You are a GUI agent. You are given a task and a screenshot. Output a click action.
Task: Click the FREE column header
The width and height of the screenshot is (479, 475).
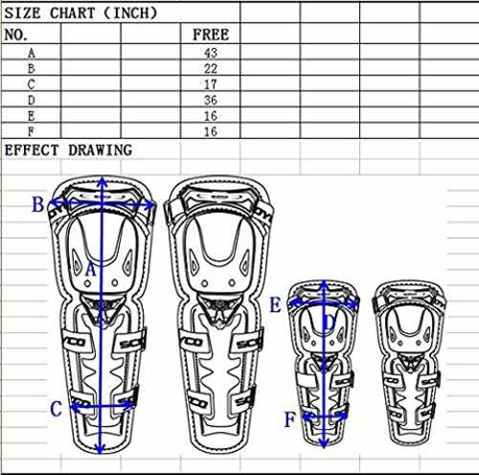(x=211, y=34)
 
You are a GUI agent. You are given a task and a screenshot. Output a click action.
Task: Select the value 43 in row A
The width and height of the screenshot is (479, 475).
(x=211, y=53)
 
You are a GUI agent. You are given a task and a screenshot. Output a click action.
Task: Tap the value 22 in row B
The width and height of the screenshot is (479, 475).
(x=211, y=69)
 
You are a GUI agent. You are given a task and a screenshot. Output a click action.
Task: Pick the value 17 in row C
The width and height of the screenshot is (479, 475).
(x=211, y=84)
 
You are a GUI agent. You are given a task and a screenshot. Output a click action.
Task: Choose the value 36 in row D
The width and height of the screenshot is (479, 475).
(x=211, y=101)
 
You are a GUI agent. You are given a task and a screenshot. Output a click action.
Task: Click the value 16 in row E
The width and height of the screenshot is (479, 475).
(x=211, y=116)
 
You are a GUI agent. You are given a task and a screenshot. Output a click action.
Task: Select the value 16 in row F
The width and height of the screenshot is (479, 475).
(x=211, y=131)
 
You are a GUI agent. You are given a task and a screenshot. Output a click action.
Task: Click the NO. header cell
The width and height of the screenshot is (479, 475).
(x=16, y=34)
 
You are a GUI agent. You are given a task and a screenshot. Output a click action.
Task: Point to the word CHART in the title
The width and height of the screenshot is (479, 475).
(x=73, y=13)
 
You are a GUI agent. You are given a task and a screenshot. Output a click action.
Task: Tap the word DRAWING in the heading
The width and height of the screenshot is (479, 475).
(x=101, y=150)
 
